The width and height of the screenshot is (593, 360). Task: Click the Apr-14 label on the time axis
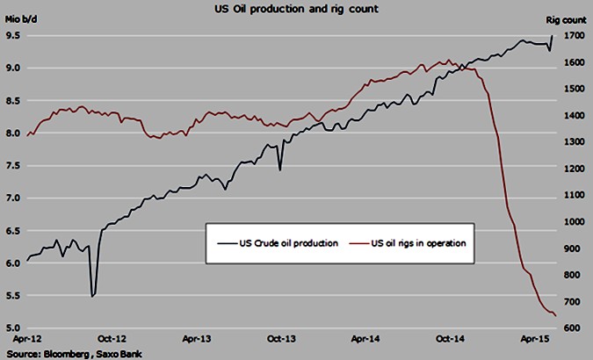point(365,336)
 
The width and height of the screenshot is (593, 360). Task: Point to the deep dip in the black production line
point(93,296)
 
